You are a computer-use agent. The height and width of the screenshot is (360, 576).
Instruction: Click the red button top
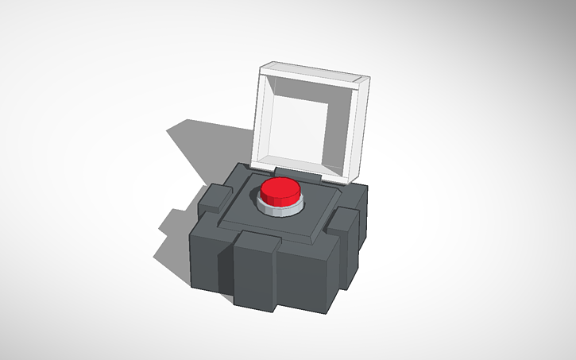click(x=280, y=188)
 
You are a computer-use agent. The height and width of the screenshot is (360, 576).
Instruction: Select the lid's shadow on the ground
click(x=207, y=143)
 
